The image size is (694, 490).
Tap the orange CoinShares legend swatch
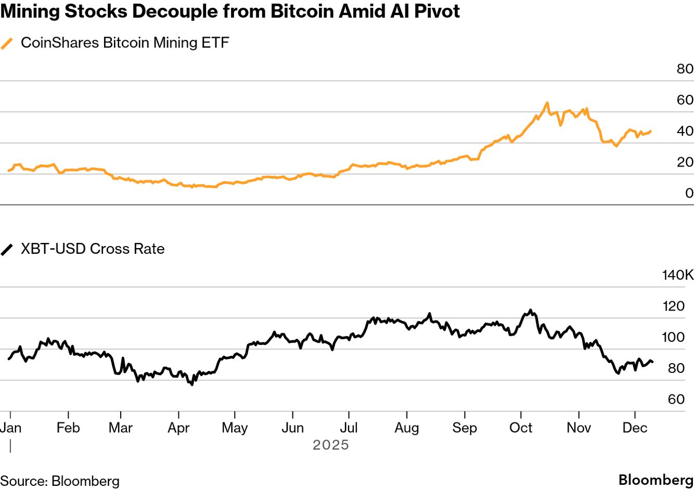point(7,43)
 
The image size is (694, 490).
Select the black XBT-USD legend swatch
point(7,249)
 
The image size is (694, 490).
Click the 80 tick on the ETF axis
point(685,69)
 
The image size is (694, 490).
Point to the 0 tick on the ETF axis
point(689,193)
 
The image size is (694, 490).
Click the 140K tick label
point(677,275)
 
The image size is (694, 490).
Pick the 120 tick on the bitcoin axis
point(673,306)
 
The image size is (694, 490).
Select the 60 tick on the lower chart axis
point(676,399)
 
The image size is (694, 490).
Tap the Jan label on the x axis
point(10,428)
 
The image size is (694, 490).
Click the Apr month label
point(178,428)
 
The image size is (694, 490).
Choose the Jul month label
point(349,428)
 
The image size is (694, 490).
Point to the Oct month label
point(521,428)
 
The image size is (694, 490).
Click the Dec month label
point(635,428)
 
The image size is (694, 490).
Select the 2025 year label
point(330,445)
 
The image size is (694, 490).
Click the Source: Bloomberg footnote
point(60,481)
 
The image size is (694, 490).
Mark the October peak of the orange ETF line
point(547,103)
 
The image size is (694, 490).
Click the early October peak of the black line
point(531,310)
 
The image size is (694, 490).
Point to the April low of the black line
point(192,384)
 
